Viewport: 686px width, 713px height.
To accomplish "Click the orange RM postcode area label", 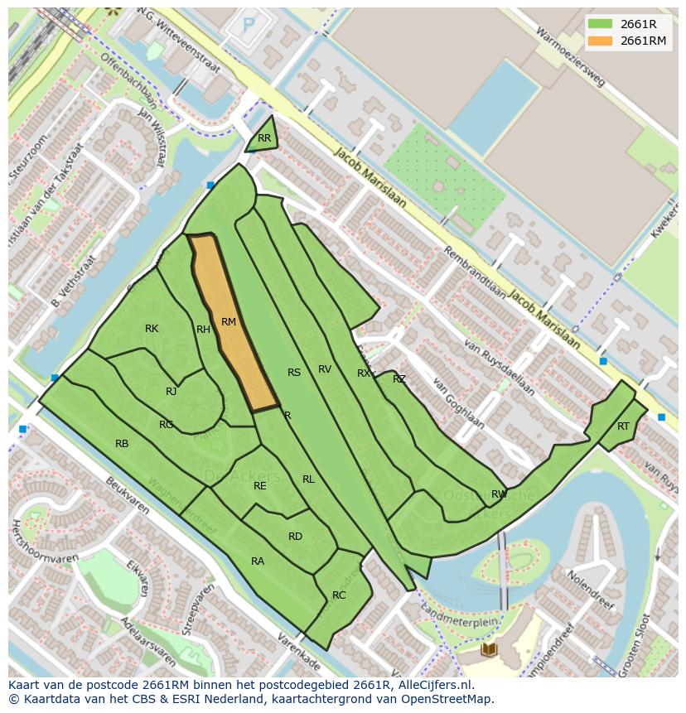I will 229,322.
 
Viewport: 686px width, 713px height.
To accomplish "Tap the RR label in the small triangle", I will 264,138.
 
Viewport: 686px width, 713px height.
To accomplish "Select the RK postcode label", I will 152,329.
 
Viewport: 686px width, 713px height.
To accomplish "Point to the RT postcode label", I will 623,426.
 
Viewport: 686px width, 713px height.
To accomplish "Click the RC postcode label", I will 339,595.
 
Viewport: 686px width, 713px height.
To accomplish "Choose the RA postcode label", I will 258,561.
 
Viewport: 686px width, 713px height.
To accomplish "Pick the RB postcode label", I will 122,444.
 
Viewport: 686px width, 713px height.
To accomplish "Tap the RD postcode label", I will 295,537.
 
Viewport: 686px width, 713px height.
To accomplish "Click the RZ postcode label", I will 399,379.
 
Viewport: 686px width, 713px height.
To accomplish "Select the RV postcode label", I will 325,369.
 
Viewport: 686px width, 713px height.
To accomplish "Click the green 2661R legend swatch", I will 600,24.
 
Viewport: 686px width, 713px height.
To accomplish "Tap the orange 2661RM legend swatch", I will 600,41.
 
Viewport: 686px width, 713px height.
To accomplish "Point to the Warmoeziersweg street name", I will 571,55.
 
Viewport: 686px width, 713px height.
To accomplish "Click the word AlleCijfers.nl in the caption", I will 433,685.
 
